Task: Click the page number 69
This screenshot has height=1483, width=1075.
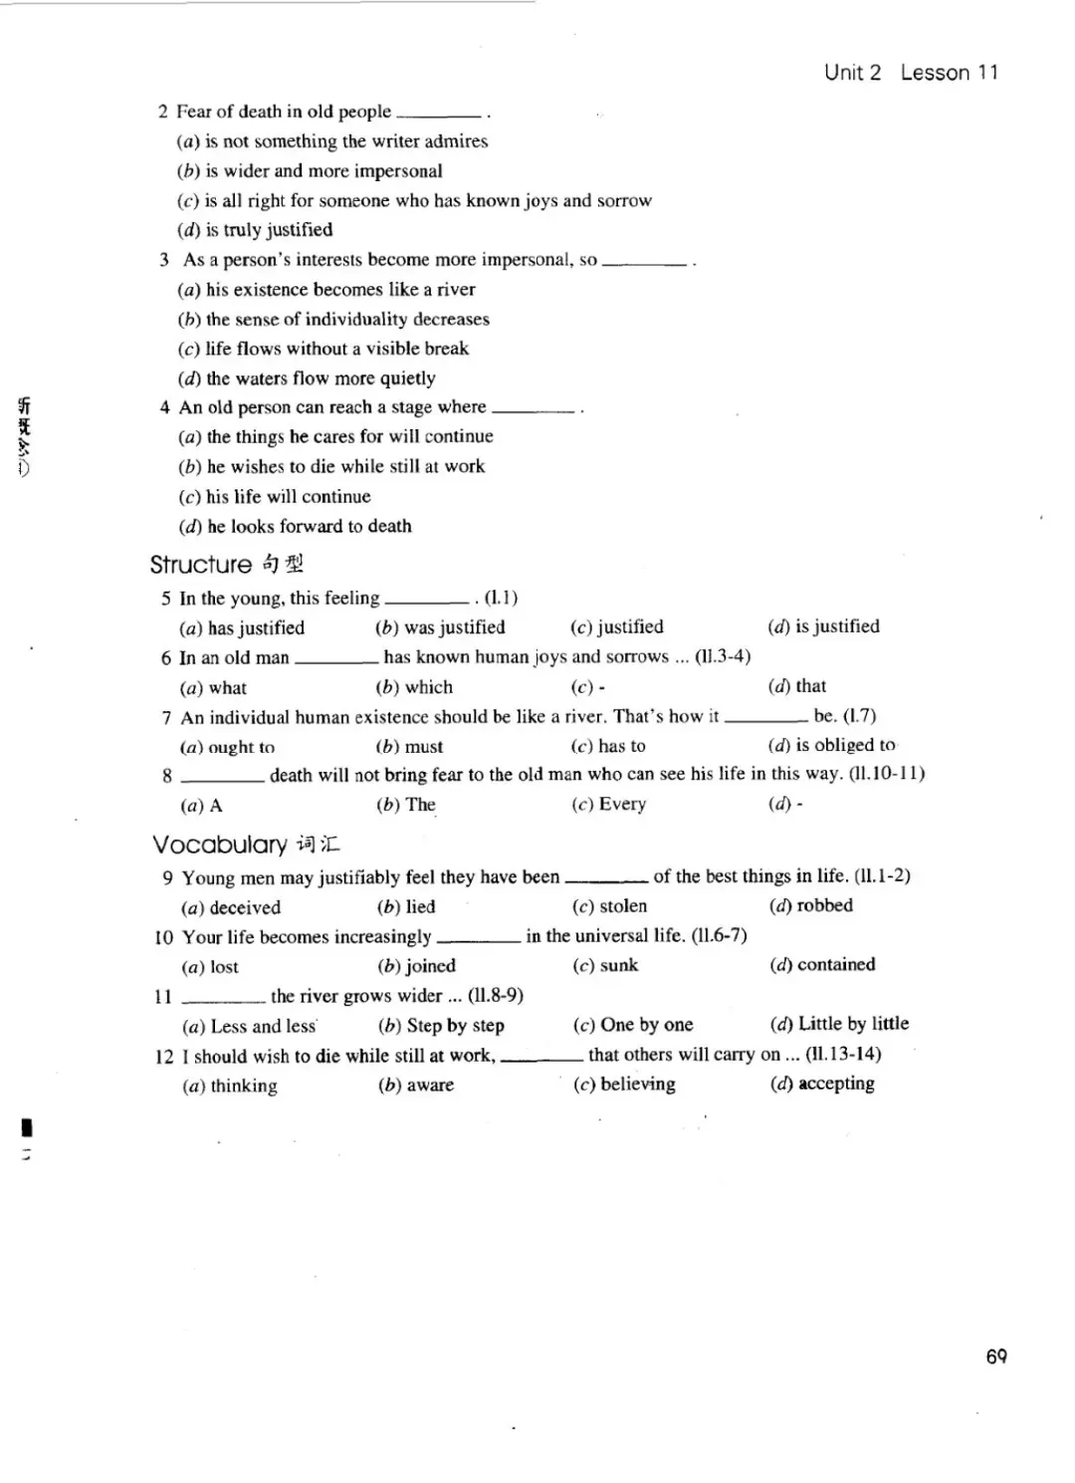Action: [996, 1356]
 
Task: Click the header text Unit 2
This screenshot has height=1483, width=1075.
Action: [852, 73]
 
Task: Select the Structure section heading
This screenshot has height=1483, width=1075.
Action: [201, 565]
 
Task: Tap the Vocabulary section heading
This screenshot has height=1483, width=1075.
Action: [220, 845]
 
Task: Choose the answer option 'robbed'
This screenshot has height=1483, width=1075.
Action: [824, 905]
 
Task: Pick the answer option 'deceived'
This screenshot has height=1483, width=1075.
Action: [245, 907]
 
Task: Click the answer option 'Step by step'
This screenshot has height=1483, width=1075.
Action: [455, 1025]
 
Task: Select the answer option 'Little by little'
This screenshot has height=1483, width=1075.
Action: [853, 1023]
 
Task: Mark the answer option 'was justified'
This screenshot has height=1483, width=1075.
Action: [454, 627]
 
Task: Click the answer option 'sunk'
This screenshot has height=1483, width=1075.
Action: [618, 965]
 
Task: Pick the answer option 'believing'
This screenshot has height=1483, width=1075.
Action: [637, 1084]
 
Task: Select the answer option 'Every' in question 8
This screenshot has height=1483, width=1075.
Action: [622, 804]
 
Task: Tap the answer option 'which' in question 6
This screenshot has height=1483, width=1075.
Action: [428, 687]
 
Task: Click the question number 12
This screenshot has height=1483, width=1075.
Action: [164, 1056]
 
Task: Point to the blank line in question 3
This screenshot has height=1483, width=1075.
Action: [644, 263]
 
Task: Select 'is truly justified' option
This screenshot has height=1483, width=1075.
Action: [269, 230]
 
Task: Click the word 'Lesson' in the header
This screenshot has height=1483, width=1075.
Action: [935, 73]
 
